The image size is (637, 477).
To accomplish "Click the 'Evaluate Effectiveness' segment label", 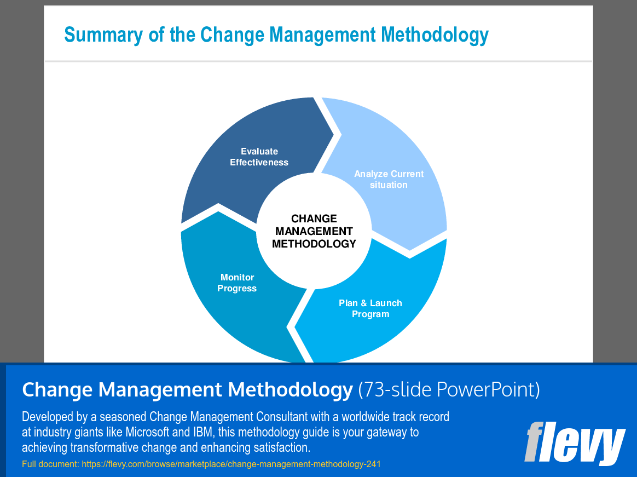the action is (259, 157).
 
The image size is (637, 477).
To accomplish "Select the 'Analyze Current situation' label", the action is (389, 179).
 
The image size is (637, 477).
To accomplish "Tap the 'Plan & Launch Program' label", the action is (370, 309).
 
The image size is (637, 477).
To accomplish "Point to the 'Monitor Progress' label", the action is (237, 283).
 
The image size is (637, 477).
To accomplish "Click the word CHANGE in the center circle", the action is (314, 219).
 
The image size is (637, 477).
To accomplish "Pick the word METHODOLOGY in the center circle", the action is (314, 244).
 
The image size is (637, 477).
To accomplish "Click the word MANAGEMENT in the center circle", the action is (314, 232).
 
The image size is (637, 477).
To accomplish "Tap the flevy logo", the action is (575, 443).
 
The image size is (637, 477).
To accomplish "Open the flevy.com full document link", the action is (231, 464).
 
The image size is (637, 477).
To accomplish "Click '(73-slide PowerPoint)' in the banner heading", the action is (449, 389).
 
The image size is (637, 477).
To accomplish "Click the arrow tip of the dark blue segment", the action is (333, 135).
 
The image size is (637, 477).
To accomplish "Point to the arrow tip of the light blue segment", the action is (410, 250).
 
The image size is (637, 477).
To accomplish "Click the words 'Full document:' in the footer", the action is (50, 464).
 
